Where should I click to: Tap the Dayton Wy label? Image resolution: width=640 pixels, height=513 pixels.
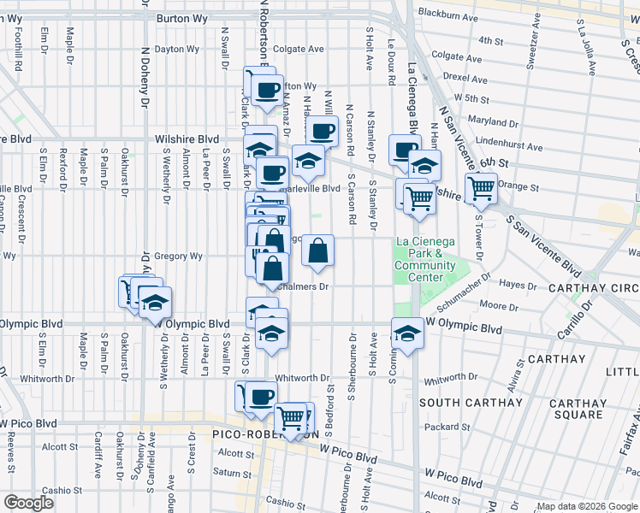[x=175, y=49]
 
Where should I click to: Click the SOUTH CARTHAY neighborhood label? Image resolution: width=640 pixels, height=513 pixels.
[x=471, y=402]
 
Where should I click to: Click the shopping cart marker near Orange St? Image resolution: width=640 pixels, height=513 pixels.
[x=482, y=187]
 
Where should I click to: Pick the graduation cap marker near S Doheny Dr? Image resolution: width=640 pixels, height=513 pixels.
[x=155, y=304]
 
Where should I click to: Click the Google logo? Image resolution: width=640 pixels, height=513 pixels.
[x=28, y=503]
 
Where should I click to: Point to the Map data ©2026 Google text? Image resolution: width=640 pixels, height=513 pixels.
[x=586, y=506]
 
